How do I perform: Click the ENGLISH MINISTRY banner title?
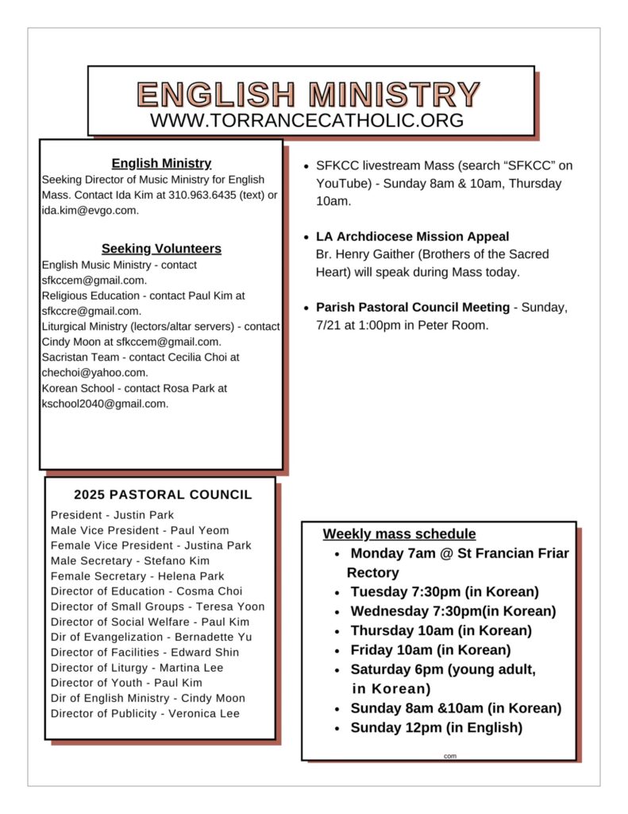point(309,94)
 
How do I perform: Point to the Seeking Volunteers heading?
point(161,249)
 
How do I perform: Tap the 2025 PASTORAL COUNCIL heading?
point(163,494)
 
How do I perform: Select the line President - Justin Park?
point(112,515)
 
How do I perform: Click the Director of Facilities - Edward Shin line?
point(144,653)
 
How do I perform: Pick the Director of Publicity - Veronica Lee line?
point(144,713)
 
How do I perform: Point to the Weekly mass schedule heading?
point(399,534)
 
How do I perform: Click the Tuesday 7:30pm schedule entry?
point(444,591)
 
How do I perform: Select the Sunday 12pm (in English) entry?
point(436,727)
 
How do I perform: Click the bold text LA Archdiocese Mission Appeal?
point(412,237)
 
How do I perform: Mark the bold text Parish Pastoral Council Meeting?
point(412,308)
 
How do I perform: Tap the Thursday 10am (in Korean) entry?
point(441,630)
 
